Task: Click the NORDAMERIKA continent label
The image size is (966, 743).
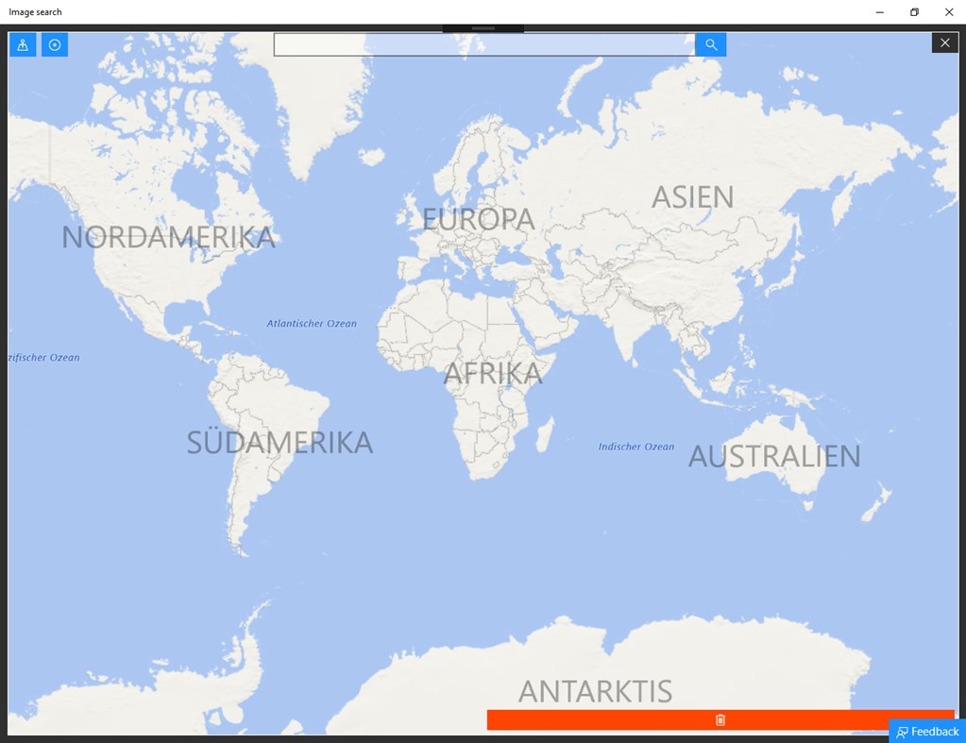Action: [168, 237]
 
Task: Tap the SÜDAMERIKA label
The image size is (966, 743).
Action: [280, 442]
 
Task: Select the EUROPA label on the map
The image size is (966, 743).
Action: [478, 219]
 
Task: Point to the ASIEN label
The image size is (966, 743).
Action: [692, 196]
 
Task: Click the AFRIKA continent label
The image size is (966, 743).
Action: [493, 374]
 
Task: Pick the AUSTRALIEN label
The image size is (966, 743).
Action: [774, 456]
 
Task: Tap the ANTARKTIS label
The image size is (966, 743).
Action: [595, 691]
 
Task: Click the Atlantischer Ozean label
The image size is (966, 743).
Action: [312, 324]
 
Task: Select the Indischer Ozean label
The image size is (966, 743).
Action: [636, 447]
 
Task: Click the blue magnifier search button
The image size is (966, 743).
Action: [711, 44]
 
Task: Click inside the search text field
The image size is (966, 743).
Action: [483, 44]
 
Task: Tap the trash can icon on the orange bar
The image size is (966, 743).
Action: [720, 720]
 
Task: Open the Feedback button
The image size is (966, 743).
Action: [927, 732]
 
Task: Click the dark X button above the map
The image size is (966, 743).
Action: [945, 42]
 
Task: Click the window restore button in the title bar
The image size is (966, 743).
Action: [914, 12]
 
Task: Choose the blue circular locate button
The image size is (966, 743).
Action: [55, 44]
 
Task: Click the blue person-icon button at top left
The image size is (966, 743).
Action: [23, 44]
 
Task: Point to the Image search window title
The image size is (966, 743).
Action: [36, 12]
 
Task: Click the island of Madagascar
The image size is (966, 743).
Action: [544, 435]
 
